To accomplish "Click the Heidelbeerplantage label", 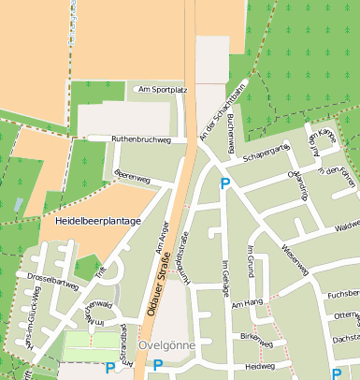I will (x=98, y=221).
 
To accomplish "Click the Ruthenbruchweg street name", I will (x=141, y=139).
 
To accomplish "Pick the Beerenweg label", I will (x=132, y=176).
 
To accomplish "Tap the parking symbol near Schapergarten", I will (x=224, y=184).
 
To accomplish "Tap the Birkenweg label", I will (x=256, y=335).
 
